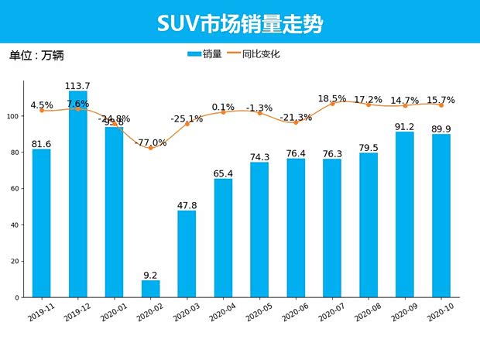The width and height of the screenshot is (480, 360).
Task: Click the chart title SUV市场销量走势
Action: (240, 23)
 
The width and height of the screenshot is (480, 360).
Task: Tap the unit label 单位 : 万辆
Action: (36, 56)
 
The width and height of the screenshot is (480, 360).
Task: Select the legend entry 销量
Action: (205, 54)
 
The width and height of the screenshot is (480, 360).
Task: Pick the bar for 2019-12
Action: (78, 194)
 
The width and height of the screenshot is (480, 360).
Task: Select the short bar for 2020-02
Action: (151, 289)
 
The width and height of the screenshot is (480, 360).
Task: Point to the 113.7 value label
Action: (78, 85)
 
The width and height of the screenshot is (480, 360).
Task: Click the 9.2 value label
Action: (151, 274)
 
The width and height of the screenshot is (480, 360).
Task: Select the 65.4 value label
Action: (223, 173)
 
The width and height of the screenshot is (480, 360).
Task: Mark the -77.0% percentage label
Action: (150, 142)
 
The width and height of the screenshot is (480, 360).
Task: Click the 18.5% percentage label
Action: (332, 98)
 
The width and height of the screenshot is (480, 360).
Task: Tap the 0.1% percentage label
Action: (223, 107)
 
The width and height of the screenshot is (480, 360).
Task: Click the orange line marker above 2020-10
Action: (441, 105)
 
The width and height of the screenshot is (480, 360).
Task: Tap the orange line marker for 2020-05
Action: (259, 113)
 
